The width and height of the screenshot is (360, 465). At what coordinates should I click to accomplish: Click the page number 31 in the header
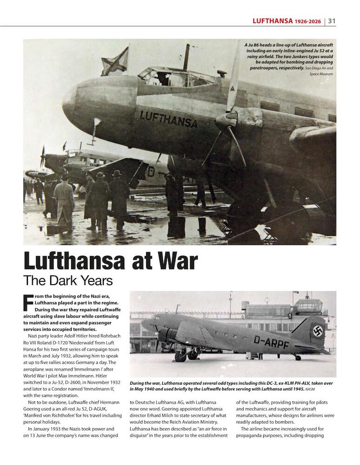pyautogui.click(x=332, y=20)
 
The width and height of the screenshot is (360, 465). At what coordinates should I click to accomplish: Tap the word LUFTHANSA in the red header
pyautogui.click(x=273, y=20)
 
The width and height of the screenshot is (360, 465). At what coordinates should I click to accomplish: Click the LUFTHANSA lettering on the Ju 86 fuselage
pyautogui.click(x=168, y=119)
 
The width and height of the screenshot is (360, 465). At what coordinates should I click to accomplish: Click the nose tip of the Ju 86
pyautogui.click(x=65, y=99)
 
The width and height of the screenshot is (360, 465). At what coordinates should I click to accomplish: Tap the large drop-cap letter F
pyautogui.click(x=28, y=303)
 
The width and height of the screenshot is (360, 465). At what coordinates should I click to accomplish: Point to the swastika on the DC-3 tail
pyautogui.click(x=318, y=331)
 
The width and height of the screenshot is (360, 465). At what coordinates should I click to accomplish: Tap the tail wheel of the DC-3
pyautogui.click(x=297, y=357)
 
